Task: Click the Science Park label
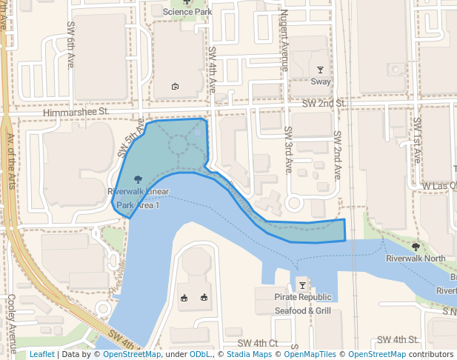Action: pos(187,12)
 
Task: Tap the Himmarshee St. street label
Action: pos(76,112)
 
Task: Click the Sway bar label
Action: pos(321,82)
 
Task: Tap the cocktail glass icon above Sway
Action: pos(321,70)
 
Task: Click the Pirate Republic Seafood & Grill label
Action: pos(302,304)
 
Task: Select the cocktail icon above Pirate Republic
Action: pos(302,285)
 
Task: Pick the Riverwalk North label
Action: pos(416,259)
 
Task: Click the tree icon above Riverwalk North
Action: pos(416,247)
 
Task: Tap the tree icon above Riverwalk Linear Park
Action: pos(137,179)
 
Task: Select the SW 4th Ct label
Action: pos(258,344)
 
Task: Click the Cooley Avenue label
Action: pos(13,324)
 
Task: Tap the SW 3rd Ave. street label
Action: pos(288,148)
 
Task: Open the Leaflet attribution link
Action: pos(41,355)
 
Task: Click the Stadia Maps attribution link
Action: pos(247,355)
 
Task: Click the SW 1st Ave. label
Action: pos(417,140)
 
